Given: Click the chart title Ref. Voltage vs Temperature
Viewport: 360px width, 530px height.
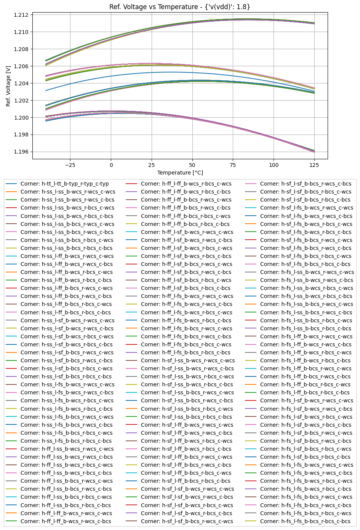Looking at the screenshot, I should [180, 7].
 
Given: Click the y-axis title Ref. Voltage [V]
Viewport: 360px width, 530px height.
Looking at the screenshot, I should [8, 86].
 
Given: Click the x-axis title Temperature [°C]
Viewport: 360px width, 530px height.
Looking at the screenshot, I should [180, 173].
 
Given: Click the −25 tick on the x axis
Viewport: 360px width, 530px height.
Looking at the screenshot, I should [70, 165].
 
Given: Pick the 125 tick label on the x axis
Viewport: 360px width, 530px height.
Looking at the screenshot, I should [314, 165].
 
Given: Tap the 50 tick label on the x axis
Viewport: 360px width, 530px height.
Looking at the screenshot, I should [192, 165].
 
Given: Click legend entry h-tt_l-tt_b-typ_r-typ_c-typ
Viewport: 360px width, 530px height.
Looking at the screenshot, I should [64, 184].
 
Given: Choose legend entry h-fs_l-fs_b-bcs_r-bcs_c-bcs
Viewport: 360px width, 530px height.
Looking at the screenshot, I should [305, 521].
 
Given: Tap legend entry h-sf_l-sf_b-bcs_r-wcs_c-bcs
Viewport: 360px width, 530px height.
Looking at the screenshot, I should [306, 184].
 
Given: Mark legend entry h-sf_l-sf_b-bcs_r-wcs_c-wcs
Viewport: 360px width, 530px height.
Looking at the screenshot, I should [187, 521].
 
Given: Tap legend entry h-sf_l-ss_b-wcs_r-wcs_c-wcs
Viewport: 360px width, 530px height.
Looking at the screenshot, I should [187, 360].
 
